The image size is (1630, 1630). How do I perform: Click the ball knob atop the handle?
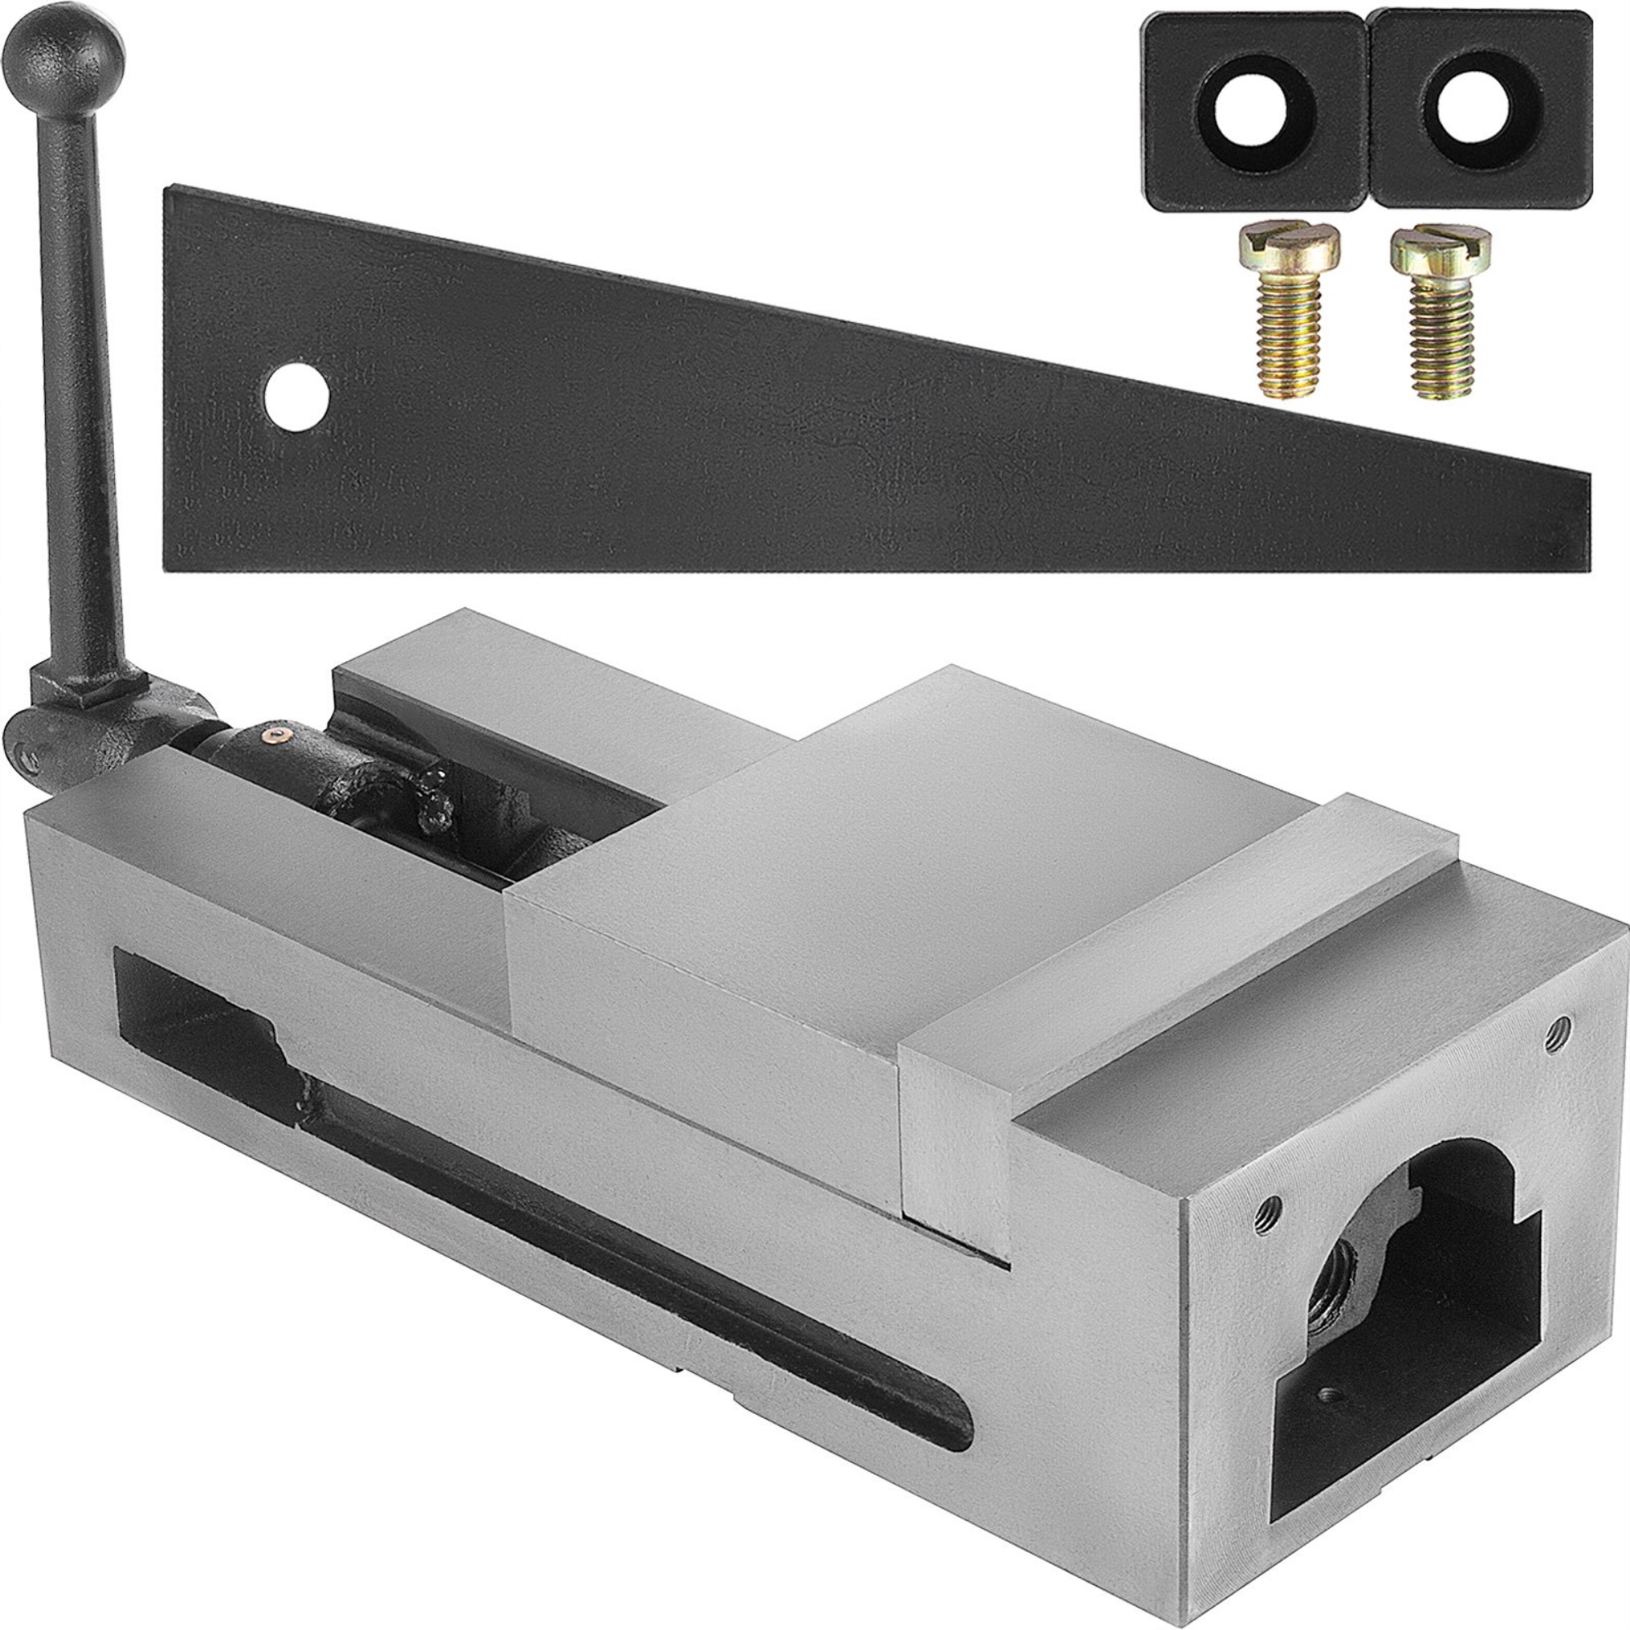click(92, 51)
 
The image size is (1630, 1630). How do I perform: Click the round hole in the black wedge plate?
click(296, 397)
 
